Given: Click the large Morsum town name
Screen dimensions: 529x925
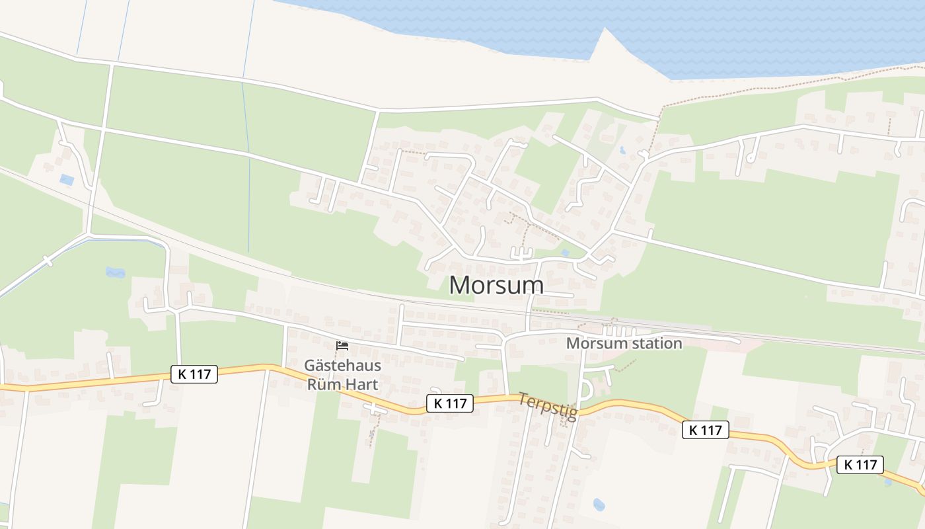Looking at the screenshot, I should [x=496, y=285].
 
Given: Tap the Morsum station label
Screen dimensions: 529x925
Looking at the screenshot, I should [x=624, y=344].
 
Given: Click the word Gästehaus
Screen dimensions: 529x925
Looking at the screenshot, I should [x=342, y=365].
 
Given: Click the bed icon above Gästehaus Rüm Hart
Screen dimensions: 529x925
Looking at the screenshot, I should [x=342, y=346].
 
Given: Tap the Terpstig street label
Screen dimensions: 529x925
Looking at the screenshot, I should [x=548, y=406].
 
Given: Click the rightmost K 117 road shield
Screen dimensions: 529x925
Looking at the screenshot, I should [x=860, y=464].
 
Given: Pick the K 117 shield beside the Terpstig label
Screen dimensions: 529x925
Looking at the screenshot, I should [x=450, y=403].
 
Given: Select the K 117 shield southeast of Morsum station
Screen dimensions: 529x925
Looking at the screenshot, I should [x=705, y=430].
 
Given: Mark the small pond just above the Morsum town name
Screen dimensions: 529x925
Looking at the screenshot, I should [x=564, y=253].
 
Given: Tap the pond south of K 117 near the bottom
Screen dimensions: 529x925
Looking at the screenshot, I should [x=599, y=505].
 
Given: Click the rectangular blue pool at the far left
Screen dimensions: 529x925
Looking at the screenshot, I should [x=67, y=179].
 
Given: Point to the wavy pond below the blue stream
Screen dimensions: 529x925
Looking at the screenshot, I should [x=115, y=272].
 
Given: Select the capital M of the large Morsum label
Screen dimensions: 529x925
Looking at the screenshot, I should [x=461, y=285].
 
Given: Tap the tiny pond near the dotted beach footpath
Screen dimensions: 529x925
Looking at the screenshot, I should [x=622, y=150].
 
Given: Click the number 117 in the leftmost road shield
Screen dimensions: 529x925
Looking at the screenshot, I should [x=200, y=374].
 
